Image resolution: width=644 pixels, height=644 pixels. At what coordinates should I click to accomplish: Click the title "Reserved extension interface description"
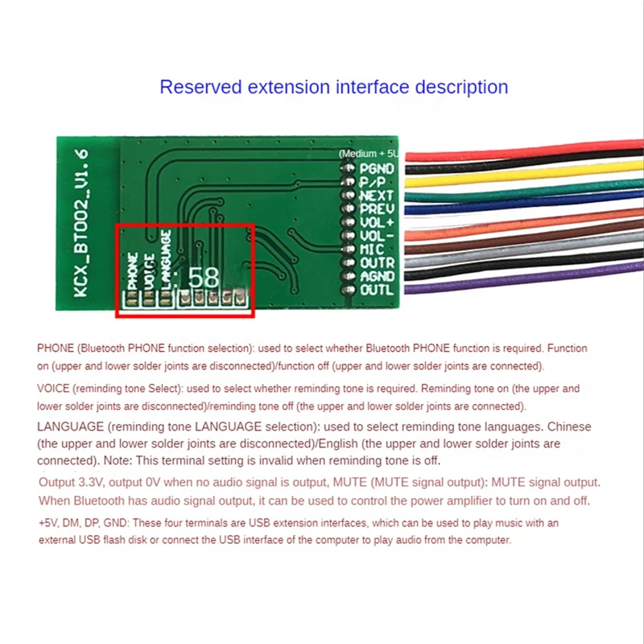pyautogui.click(x=333, y=87)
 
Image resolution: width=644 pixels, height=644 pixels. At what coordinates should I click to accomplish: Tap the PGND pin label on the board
pyautogui.click(x=377, y=169)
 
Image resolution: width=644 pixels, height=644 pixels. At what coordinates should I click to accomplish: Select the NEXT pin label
pyautogui.click(x=376, y=195)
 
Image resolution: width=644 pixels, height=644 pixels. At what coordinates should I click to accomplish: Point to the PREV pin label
pyautogui.click(x=376, y=208)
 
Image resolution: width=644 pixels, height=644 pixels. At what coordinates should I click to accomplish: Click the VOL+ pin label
pyautogui.click(x=376, y=222)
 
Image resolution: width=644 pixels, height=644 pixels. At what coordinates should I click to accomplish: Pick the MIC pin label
pyautogui.click(x=373, y=249)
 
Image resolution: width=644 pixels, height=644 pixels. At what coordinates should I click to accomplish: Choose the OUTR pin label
pyautogui.click(x=377, y=262)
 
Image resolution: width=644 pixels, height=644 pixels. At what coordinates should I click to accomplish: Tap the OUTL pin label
pyautogui.click(x=376, y=289)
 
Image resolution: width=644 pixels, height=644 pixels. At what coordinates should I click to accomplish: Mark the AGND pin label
pyautogui.click(x=377, y=276)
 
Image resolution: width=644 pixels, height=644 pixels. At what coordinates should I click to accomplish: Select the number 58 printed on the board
pyautogui.click(x=202, y=278)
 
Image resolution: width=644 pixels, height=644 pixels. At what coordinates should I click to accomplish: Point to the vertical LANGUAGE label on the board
pyautogui.click(x=166, y=258)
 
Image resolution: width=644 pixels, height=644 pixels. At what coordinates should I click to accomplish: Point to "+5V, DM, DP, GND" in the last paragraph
pyautogui.click(x=81, y=523)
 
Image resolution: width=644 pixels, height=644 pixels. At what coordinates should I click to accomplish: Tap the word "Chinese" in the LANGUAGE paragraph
pyautogui.click(x=565, y=427)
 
